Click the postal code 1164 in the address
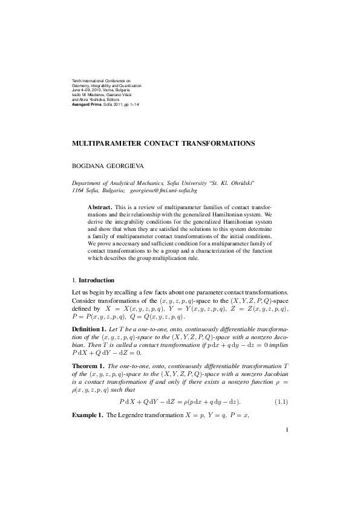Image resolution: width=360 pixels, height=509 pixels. [79, 190]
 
